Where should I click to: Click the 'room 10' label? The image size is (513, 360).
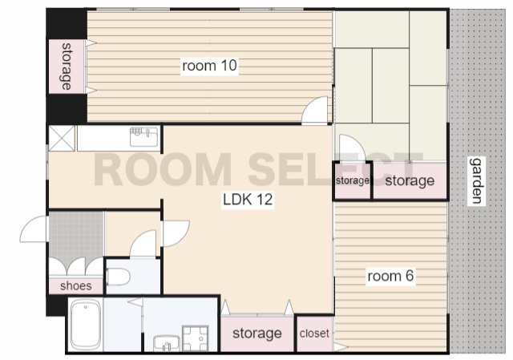pos(209,66)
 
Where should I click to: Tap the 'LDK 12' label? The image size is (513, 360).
pos(248,199)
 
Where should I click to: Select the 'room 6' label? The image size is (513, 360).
pos(390,276)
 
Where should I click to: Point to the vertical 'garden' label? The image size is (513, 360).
pos(476,180)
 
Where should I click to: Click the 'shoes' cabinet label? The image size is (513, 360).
pos(76,285)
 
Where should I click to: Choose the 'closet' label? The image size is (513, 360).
pos(314,334)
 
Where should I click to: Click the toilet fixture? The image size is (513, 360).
pos(118,277)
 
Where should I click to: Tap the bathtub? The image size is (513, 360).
pos(86,325)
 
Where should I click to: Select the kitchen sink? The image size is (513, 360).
pos(144,137)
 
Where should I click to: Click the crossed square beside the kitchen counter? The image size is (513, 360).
pos(62,139)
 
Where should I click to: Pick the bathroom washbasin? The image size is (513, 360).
pos(166,343)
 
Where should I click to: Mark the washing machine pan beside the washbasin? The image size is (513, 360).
pos(196,338)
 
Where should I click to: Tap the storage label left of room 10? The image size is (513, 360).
pos(67,66)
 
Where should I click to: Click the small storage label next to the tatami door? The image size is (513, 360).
pos(353,180)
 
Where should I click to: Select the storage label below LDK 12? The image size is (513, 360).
pos(257,334)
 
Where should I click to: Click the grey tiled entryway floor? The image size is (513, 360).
pos(76,237)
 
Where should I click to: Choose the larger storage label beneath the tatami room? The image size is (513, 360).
pos(410,180)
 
